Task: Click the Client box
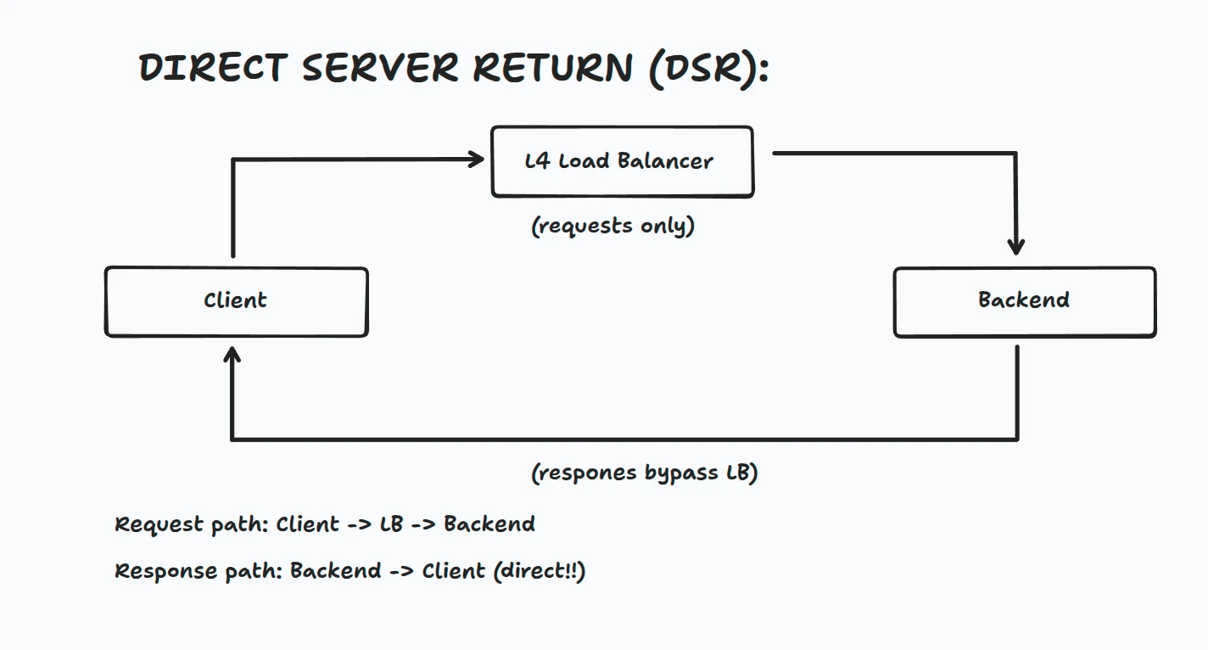point(236,302)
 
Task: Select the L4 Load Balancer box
point(622,162)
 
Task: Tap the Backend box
point(1024,302)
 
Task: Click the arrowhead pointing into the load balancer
point(474,159)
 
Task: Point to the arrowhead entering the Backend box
point(1016,245)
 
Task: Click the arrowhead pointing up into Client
point(232,356)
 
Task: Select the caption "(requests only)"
point(612,227)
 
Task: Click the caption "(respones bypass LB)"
point(644,473)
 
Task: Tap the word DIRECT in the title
point(213,68)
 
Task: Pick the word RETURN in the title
point(553,68)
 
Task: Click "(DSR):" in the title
point(708,68)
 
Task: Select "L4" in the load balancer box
point(538,161)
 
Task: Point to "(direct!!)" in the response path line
point(539,571)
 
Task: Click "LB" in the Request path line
point(391,524)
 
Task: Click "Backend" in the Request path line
point(489,524)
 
